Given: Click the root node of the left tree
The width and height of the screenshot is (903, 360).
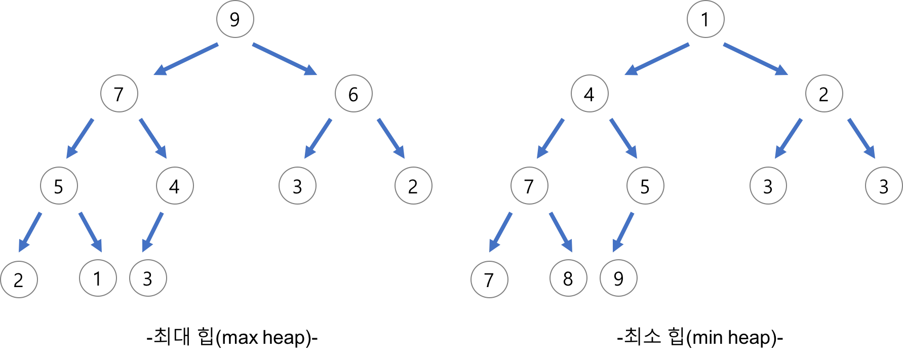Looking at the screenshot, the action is pyautogui.click(x=234, y=20).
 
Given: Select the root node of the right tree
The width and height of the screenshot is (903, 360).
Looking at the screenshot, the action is pyautogui.click(x=704, y=20).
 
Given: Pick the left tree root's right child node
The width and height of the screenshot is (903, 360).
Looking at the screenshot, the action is pyautogui.click(x=352, y=94).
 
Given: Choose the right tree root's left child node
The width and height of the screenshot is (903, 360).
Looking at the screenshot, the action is pyautogui.click(x=590, y=94).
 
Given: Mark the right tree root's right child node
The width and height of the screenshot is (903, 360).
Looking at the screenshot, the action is pyautogui.click(x=824, y=94).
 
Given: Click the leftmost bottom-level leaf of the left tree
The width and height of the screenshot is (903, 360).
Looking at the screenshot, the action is pyautogui.click(x=20, y=279).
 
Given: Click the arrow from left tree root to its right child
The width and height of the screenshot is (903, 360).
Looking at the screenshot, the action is pyautogui.click(x=286, y=60).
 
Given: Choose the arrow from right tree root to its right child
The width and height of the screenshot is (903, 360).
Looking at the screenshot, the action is pyautogui.click(x=756, y=60).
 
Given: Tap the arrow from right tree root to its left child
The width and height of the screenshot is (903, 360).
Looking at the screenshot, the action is pyautogui.click(x=657, y=60).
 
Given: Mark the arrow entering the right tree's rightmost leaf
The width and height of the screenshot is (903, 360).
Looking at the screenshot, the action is pyautogui.click(x=861, y=138).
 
